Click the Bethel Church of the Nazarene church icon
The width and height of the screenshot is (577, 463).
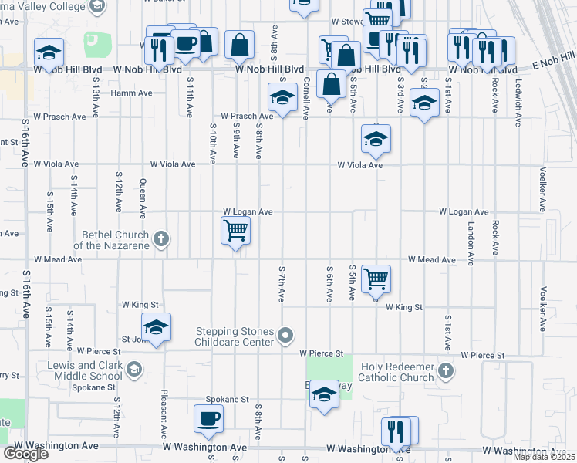pos(160,238)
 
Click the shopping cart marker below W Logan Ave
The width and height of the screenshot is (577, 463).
pos(235,230)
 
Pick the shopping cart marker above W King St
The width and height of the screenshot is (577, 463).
pos(376,279)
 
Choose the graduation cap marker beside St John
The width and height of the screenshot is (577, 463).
pos(156,327)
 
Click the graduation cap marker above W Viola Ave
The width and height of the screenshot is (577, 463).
pos(376,139)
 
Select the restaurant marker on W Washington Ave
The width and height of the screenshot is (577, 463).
pos(399,432)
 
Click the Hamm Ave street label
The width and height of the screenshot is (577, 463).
pos(132,93)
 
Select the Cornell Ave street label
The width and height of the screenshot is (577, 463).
pos(306,98)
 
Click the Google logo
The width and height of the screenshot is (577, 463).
pos(25,455)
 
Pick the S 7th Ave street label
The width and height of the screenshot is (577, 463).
pos(282,281)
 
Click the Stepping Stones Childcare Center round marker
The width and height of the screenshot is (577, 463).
pos(286,335)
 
